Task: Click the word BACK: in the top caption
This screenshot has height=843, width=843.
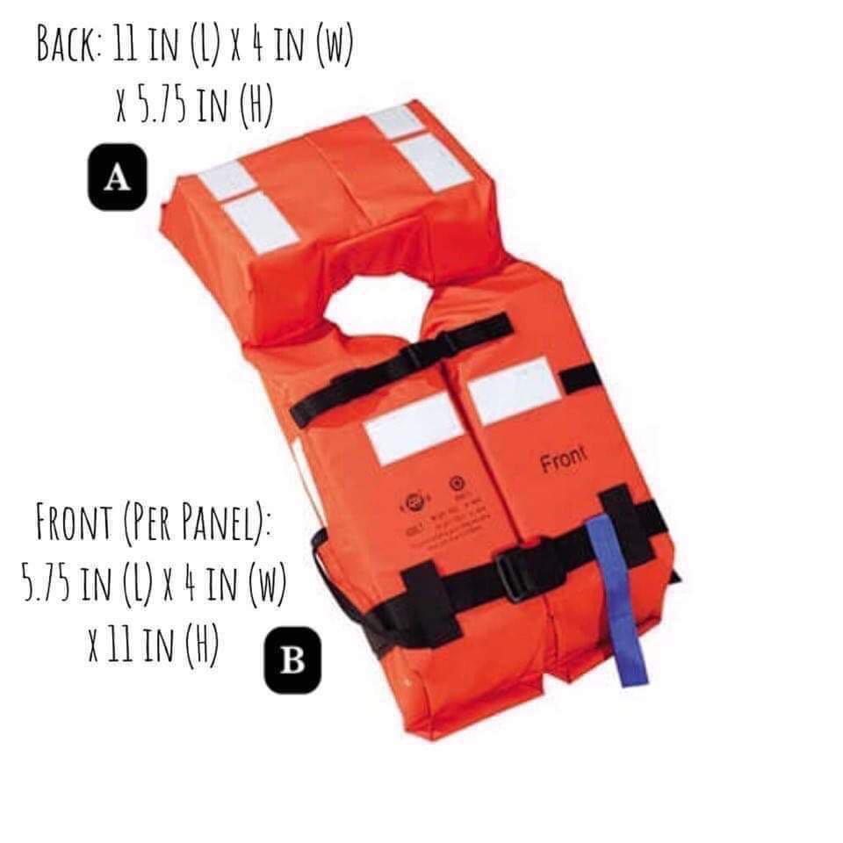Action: (x=69, y=46)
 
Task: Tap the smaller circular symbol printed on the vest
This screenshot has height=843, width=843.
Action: (x=456, y=482)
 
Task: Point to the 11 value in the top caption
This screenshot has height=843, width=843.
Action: (x=126, y=46)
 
